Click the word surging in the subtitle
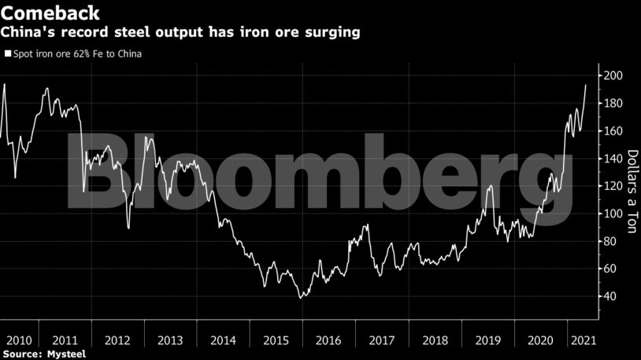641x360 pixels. tap(333, 32)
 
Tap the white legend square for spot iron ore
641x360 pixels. tap(8, 54)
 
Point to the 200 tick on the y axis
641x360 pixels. tap(614, 76)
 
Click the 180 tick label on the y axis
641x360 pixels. tap(614, 103)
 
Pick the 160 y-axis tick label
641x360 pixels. tap(614, 131)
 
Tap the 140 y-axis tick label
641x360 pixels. tap(614, 158)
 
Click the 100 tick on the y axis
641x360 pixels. tap(614, 213)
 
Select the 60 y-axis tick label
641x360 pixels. tap(611, 269)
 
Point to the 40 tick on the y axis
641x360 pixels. tap(611, 296)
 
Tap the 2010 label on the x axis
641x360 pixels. tap(18, 340)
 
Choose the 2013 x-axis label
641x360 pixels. tap(170, 340)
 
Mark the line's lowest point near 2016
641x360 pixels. tap(301, 298)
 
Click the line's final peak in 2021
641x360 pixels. tap(585, 84)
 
